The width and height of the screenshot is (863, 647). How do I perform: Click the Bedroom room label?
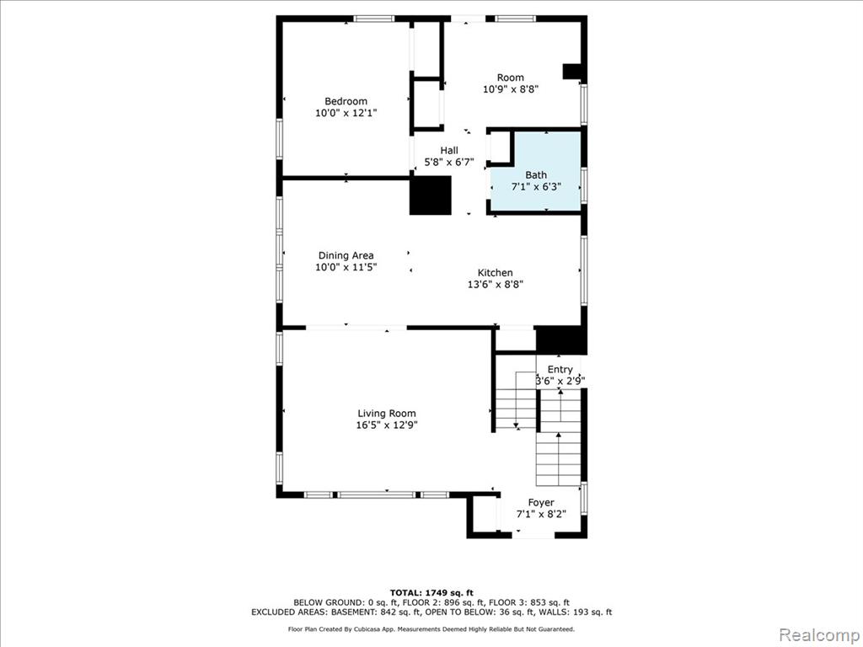(x=346, y=101)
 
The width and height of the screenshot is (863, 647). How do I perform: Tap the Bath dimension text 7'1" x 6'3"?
(x=536, y=186)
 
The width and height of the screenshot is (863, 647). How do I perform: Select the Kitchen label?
(x=495, y=273)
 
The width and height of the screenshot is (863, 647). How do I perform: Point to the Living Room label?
(x=386, y=414)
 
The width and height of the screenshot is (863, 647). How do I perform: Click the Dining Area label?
(x=346, y=255)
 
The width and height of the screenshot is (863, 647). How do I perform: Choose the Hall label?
(x=449, y=150)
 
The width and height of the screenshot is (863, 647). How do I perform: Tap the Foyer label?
(x=541, y=502)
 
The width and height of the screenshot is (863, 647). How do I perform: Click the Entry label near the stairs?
(x=560, y=369)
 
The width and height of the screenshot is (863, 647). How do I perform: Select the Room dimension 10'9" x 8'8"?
(x=510, y=89)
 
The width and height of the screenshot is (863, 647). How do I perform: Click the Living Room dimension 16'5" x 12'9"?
(x=386, y=425)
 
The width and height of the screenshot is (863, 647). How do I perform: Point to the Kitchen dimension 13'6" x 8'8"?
(x=495, y=285)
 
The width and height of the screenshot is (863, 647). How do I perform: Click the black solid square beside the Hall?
(x=431, y=195)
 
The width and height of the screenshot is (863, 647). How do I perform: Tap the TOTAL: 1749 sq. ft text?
(x=431, y=592)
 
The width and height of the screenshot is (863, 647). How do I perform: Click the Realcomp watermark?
(x=819, y=635)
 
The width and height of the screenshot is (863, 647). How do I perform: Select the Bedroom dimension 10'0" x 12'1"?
(x=346, y=113)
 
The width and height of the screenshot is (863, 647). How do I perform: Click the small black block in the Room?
(x=572, y=72)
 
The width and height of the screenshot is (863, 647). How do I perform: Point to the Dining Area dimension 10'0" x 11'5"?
(x=346, y=267)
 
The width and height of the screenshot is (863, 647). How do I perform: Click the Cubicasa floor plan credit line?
(x=431, y=628)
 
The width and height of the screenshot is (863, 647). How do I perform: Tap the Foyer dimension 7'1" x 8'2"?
(x=541, y=515)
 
